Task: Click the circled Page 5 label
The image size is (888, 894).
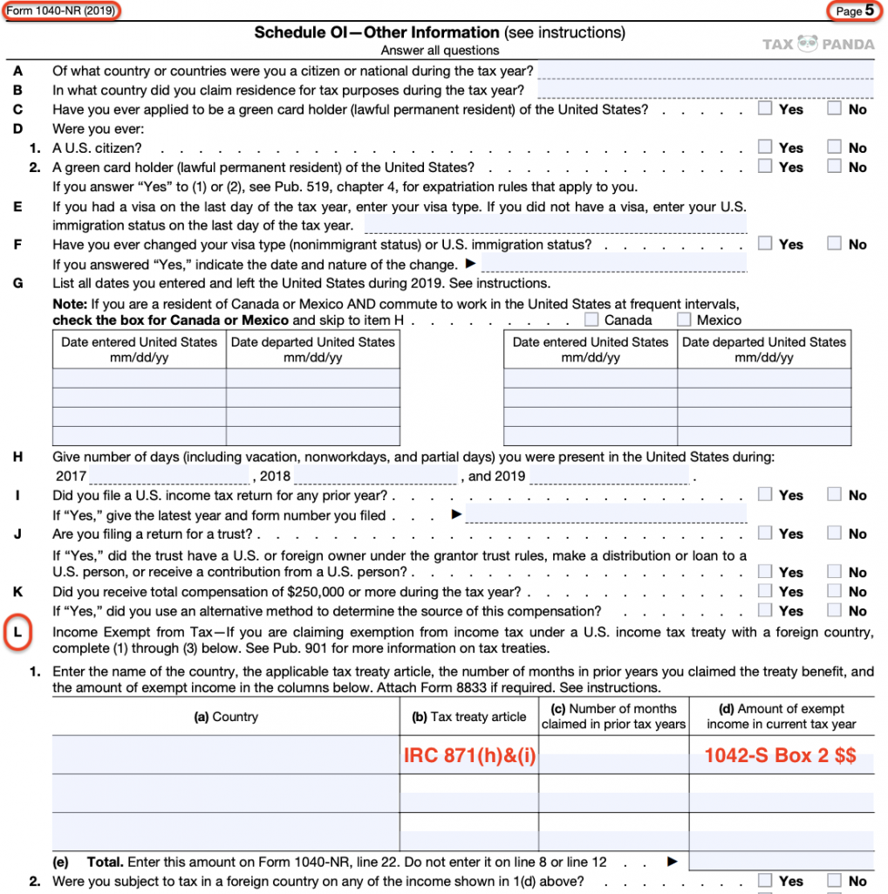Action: [854, 11]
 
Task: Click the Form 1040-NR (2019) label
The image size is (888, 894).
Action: [59, 10]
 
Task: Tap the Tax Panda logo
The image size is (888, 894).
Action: [817, 44]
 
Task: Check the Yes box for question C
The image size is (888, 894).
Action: [765, 109]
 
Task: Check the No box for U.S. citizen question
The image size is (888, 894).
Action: [835, 148]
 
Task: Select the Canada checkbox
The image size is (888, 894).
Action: [592, 320]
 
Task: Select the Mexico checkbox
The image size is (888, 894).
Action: [684, 320]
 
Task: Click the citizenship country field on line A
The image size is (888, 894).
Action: [705, 70]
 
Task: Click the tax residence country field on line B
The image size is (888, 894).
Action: [705, 90]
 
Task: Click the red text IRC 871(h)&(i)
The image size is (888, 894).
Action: [469, 756]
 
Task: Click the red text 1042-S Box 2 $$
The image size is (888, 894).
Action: [780, 756]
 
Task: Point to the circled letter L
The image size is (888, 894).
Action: [18, 633]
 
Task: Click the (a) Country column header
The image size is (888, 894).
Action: [225, 717]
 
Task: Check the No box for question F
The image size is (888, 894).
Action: [835, 244]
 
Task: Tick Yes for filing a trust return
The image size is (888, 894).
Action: [765, 533]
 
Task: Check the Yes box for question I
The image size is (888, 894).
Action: [765, 495]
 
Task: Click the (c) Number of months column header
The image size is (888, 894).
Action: [613, 717]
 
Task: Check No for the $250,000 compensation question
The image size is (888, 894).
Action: [835, 592]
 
